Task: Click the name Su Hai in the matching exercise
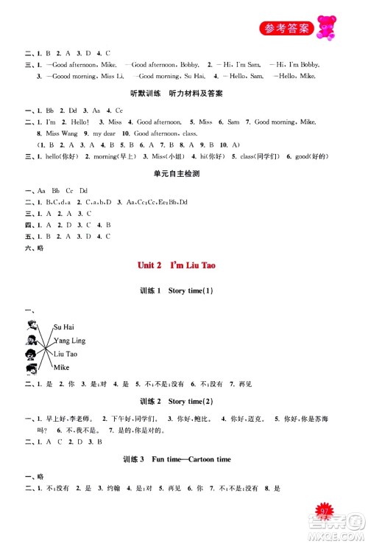click(x=64, y=327)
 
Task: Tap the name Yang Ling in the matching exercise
click(x=70, y=341)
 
